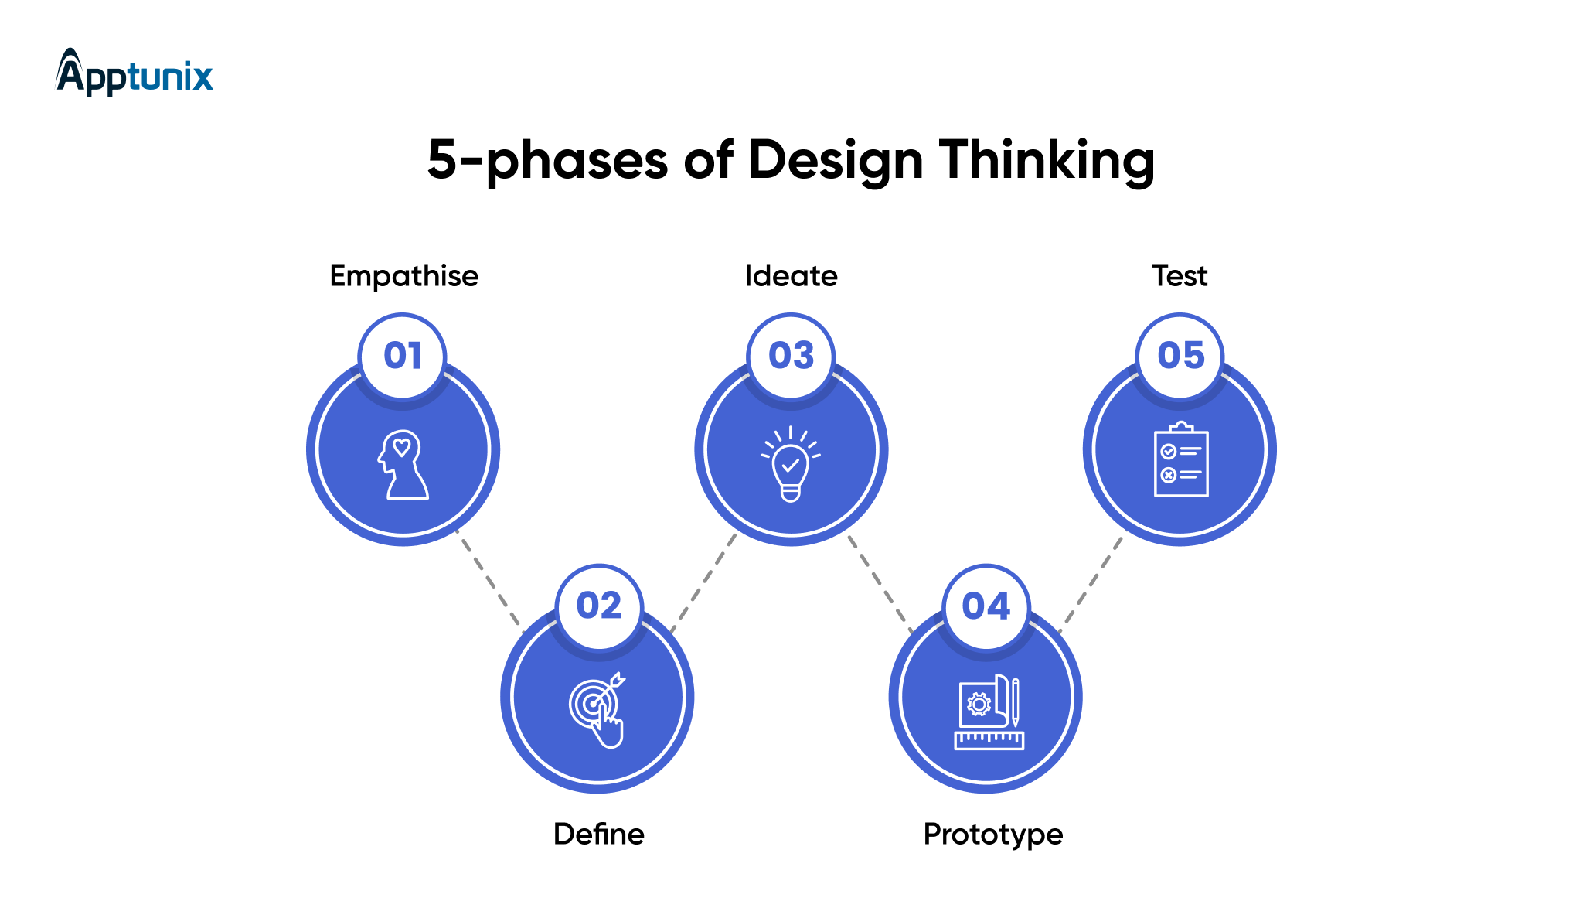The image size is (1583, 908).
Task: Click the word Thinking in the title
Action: pyautogui.click(x=1047, y=161)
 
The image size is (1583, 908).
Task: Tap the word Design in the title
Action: pyautogui.click(x=836, y=161)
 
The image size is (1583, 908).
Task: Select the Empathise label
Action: pyautogui.click(x=404, y=276)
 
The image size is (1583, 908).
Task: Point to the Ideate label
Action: pyautogui.click(x=791, y=276)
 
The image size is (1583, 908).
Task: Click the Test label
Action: pyautogui.click(x=1180, y=276)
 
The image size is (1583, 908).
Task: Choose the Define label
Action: pyautogui.click(x=599, y=835)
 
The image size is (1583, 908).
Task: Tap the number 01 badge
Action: pyautogui.click(x=403, y=356)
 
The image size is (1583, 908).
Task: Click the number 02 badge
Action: pyautogui.click(x=599, y=606)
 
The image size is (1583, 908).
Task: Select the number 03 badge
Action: pyautogui.click(x=791, y=356)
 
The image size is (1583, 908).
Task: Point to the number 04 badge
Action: pyautogui.click(x=986, y=606)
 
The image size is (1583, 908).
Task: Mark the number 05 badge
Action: pyautogui.click(x=1180, y=356)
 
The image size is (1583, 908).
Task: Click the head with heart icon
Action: pyautogui.click(x=403, y=464)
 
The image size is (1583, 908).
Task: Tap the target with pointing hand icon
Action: pyautogui.click(x=597, y=711)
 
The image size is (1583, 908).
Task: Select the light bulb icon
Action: pyautogui.click(x=791, y=463)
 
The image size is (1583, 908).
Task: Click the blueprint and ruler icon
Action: pyautogui.click(x=989, y=712)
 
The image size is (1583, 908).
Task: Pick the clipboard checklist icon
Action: pyautogui.click(x=1181, y=459)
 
